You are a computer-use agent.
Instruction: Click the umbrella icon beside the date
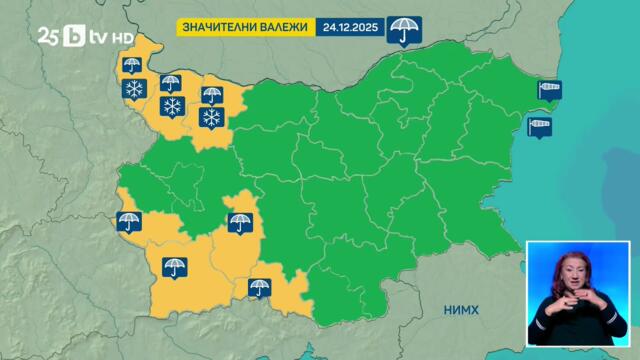click(x=403, y=29)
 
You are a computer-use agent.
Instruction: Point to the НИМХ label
click(x=462, y=310)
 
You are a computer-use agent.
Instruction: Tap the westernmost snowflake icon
click(x=132, y=91)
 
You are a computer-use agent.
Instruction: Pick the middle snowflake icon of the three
click(x=171, y=105)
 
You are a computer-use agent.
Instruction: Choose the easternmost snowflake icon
click(x=211, y=119)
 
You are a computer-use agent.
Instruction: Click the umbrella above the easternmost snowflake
click(x=211, y=96)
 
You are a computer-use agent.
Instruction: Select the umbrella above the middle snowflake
click(x=171, y=83)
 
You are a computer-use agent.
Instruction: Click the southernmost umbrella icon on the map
click(x=259, y=290)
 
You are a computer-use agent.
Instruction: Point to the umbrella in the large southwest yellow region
click(x=174, y=267)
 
